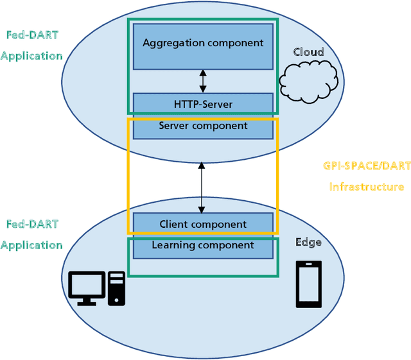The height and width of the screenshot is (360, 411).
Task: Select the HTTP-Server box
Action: tap(203, 103)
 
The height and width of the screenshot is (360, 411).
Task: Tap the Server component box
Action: tap(203, 127)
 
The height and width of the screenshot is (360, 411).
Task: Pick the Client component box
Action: tap(203, 224)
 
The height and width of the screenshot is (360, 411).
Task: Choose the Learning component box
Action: tap(203, 246)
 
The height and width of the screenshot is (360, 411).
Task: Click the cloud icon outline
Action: tap(310, 79)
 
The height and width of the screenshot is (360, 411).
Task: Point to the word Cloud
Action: tap(308, 52)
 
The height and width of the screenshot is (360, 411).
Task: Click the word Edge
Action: tap(308, 242)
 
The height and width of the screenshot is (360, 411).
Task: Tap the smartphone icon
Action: tap(308, 284)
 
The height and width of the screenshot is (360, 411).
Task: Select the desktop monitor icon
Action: tap(87, 287)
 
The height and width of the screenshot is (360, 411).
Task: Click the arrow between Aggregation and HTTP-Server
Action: tap(203, 81)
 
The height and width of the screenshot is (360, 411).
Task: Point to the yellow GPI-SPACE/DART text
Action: tap(367, 166)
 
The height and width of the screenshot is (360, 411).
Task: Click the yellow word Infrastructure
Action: tap(367, 187)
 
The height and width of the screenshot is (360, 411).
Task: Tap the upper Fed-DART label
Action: tap(32, 35)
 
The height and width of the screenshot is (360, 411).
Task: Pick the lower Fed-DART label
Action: tap(32, 224)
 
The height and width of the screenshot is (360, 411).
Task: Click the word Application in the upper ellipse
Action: tap(32, 56)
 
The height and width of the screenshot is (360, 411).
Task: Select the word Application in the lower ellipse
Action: tap(32, 245)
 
